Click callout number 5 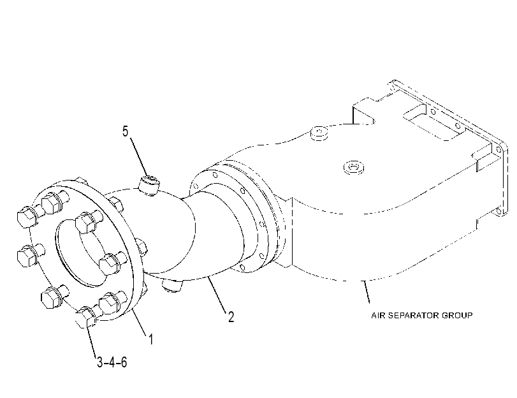tap(126, 131)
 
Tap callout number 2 tap(231, 317)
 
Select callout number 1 tap(150, 339)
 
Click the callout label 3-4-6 tap(112, 362)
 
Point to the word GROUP tap(457, 316)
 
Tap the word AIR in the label tap(378, 316)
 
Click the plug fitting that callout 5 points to tap(149, 184)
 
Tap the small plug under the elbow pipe tap(172, 285)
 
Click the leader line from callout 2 tap(217, 295)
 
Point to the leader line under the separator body tap(367, 291)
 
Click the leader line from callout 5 tap(139, 157)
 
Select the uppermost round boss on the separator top tap(319, 133)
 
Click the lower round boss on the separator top tap(353, 167)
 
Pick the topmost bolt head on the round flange tap(51, 202)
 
